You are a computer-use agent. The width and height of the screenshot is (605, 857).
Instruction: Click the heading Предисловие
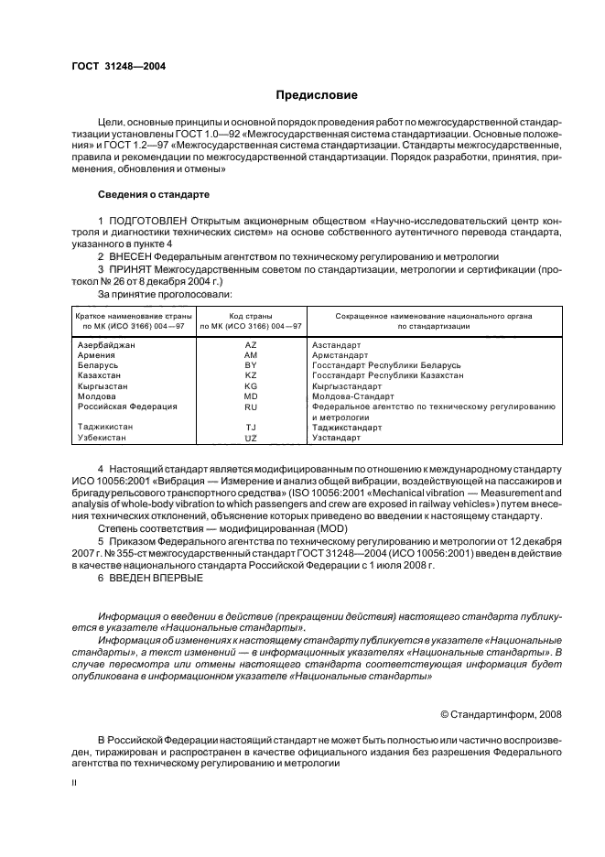pyautogui.click(x=318, y=95)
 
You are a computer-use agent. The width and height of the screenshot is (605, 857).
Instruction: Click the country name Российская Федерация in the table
pyautogui.click(x=127, y=406)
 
